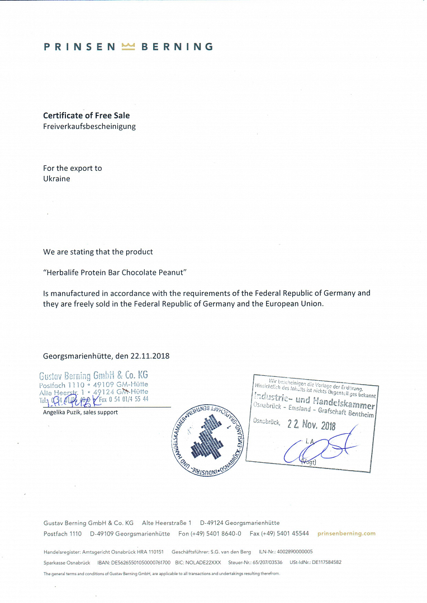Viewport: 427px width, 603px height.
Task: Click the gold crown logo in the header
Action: [x=129, y=47]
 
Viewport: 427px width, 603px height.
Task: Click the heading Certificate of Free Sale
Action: [x=87, y=116]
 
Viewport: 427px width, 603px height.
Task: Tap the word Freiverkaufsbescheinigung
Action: [x=89, y=126]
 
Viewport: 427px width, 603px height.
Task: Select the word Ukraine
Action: [x=57, y=179]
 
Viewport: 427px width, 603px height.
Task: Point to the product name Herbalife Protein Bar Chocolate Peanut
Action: [x=115, y=272]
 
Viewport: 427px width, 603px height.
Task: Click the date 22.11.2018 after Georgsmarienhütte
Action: [x=151, y=356]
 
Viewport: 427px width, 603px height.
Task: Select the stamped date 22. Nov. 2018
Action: [x=312, y=424]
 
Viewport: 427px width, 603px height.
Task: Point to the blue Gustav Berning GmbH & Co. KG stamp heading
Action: [x=93, y=375]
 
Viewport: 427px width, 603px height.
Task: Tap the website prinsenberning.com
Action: [x=347, y=534]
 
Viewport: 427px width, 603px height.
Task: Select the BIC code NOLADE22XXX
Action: [x=205, y=563]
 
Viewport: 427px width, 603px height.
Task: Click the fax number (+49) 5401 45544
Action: [x=286, y=534]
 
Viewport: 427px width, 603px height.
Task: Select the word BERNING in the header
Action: [x=177, y=47]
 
